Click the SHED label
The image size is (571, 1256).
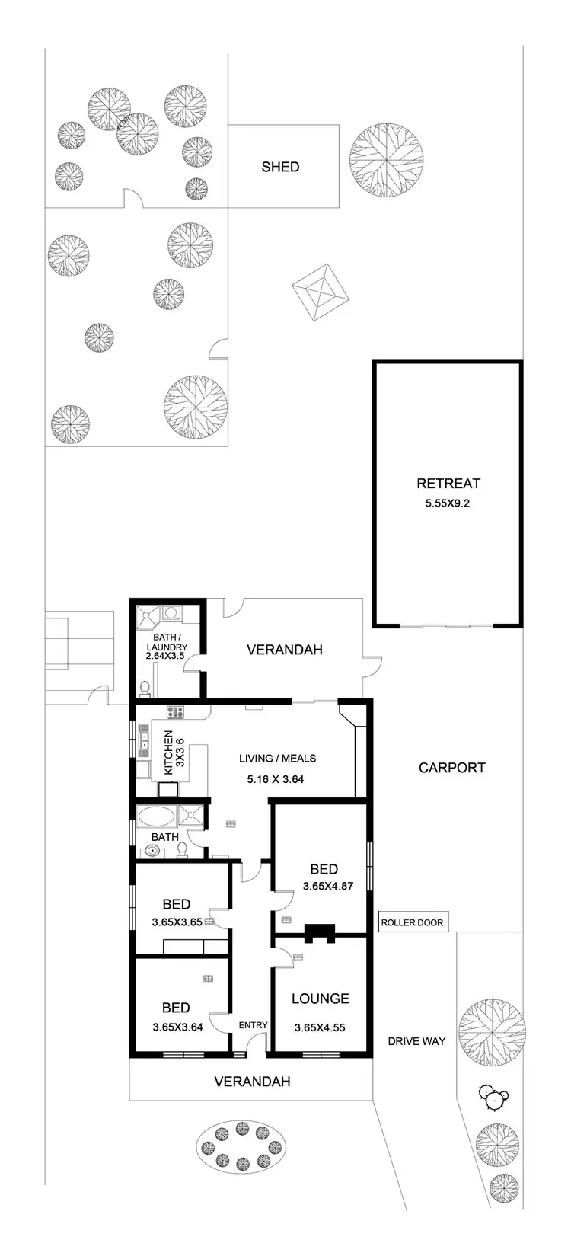(280, 167)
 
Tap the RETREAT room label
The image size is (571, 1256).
(448, 483)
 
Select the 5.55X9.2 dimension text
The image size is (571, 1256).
(448, 503)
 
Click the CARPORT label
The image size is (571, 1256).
(451, 768)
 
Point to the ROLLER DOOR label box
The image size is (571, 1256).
(412, 922)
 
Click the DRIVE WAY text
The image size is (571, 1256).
(416, 1041)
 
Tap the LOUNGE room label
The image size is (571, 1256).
(320, 999)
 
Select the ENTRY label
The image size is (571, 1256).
(253, 1025)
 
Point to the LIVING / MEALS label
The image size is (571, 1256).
(277, 759)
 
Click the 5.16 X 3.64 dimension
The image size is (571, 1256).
(276, 778)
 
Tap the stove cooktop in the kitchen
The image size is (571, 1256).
(176, 713)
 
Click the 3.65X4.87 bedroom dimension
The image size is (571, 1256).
(327, 886)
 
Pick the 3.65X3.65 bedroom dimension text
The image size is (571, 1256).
(177, 921)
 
